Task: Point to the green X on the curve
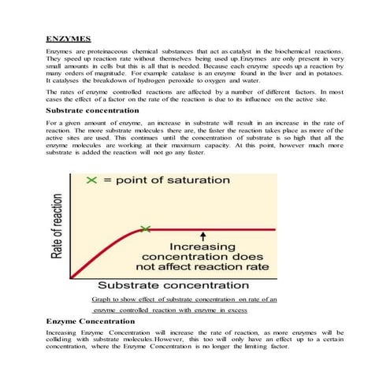144,229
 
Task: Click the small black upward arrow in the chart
203,236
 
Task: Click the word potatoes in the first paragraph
329,72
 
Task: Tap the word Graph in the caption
102,299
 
